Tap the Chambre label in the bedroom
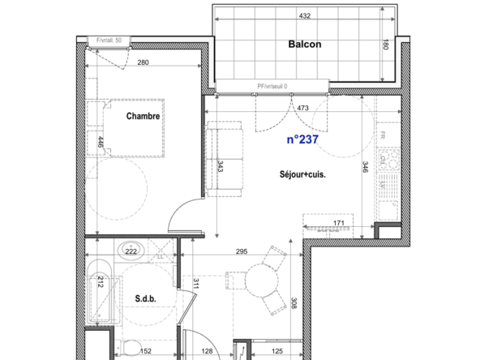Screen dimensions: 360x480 143,116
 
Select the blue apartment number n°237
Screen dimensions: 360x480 302,139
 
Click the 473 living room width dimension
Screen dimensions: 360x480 303,106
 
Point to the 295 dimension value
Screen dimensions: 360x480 240,252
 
